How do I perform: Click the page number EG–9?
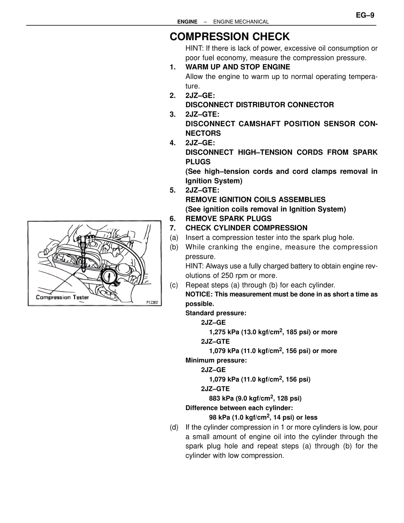(365, 15)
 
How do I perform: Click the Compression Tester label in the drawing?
(62, 297)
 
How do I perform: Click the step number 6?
(172, 219)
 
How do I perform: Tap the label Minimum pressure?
(216, 360)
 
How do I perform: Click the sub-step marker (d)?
(174, 427)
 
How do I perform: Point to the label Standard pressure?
(216, 313)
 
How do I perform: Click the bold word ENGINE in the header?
(187, 22)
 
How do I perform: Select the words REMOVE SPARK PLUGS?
(229, 219)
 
